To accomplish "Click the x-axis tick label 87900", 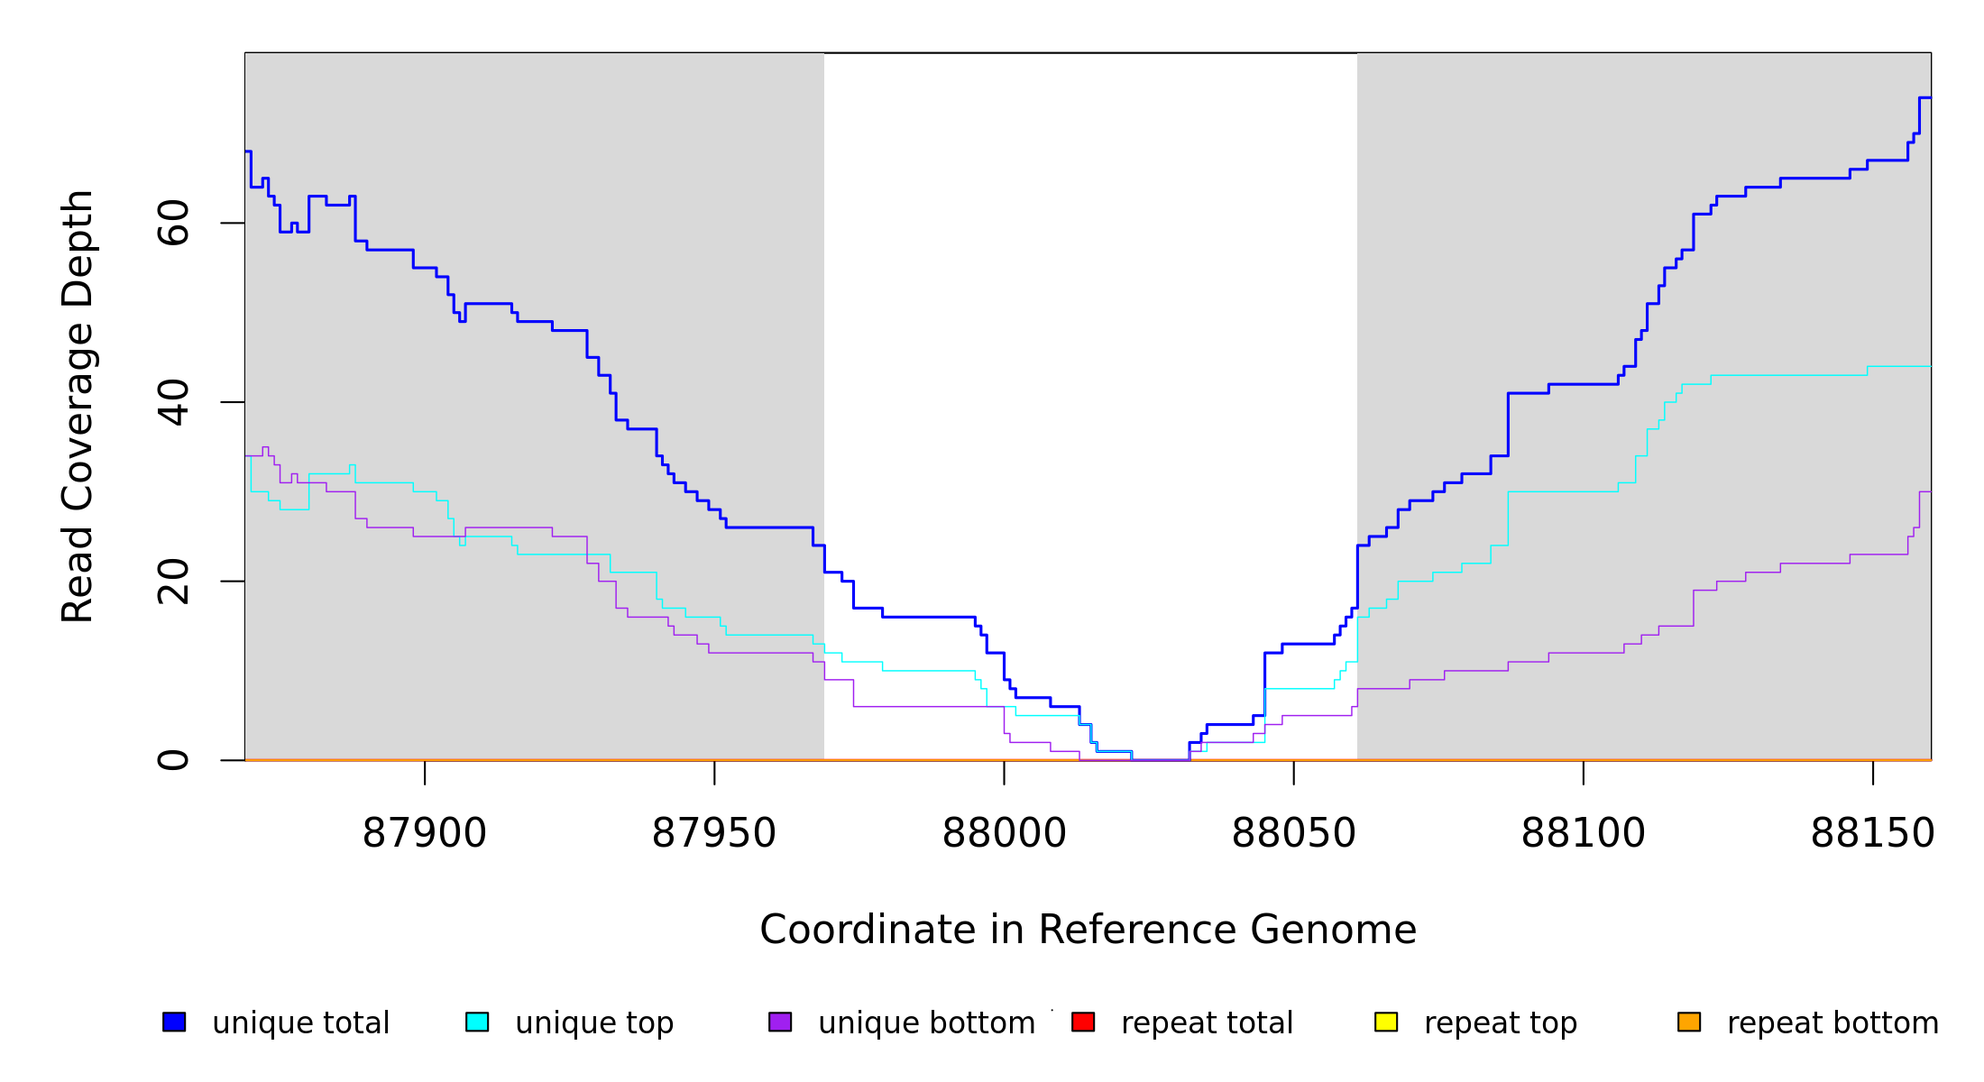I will (424, 834).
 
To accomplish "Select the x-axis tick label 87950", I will (713, 834).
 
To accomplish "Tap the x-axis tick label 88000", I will (1004, 834).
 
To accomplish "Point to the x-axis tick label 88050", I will (1293, 834).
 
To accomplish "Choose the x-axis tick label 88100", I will (1583, 834).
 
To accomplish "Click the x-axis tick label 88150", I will (1872, 834).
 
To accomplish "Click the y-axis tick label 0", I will (173, 760).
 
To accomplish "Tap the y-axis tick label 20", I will (173, 582).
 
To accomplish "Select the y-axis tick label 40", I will (173, 402).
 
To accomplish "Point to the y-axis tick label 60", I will (173, 223).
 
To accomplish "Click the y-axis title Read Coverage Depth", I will (78, 406).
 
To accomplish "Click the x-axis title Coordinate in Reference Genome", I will (1088, 931).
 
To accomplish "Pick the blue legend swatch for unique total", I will (174, 1022).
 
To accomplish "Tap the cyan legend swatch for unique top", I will (477, 1022).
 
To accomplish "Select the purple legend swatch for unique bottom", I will (780, 1022).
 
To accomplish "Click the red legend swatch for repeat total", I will (1083, 1022).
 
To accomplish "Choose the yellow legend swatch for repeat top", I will (1386, 1022).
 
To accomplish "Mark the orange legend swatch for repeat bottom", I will (1689, 1022).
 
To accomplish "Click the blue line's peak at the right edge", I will (1924, 97).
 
